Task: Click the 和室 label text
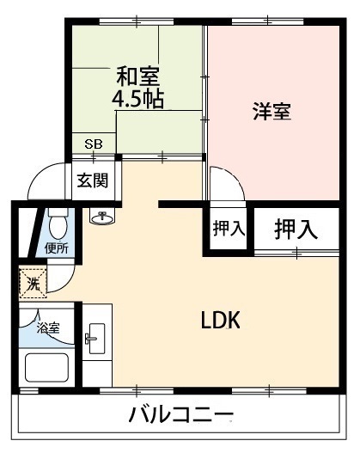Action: [x=137, y=76]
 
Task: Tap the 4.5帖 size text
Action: [x=137, y=99]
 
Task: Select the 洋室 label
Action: [x=272, y=111]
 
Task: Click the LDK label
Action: [x=220, y=320]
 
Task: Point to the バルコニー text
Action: [x=180, y=414]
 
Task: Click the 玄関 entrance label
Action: [x=93, y=181]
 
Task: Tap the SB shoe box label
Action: [x=94, y=144]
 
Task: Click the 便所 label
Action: [x=57, y=248]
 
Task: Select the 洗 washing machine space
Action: [x=33, y=283]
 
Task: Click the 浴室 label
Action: [x=48, y=328]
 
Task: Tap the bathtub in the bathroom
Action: [x=46, y=368]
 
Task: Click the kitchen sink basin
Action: [x=97, y=339]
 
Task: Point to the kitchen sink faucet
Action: [x=89, y=339]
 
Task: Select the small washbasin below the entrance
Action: [x=101, y=217]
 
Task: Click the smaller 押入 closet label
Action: [x=229, y=229]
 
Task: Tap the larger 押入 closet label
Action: [x=296, y=230]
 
